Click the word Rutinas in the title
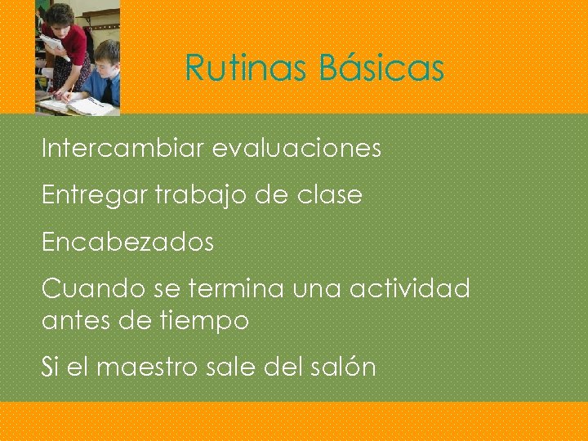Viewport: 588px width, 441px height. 247,68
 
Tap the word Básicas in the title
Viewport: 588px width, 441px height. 381,68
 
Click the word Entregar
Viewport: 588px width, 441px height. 90,196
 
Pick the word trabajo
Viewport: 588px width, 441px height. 190,196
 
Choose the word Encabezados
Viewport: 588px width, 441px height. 127,243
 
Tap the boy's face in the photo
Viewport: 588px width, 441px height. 104,61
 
